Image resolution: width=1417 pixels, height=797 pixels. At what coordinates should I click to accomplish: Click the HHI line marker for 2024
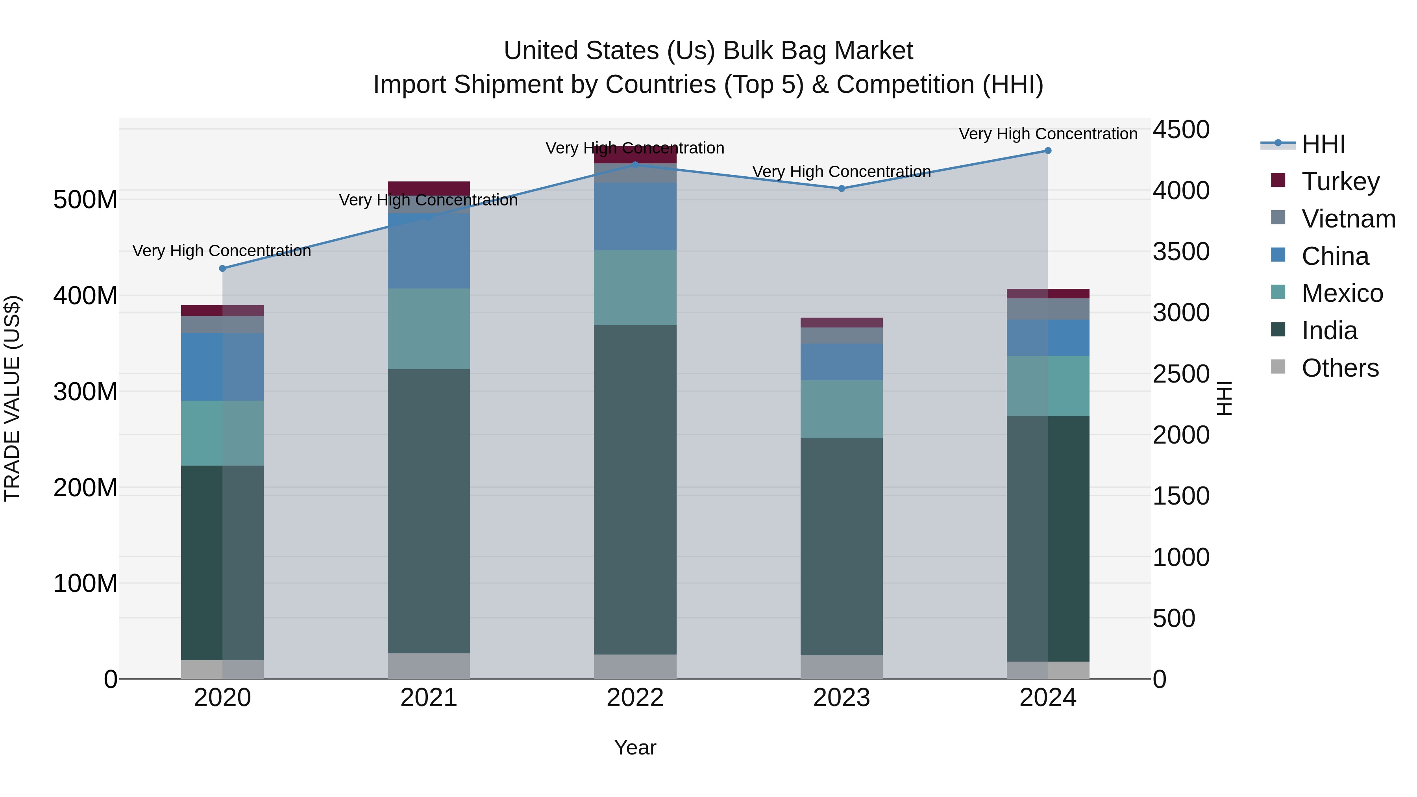click(x=1047, y=151)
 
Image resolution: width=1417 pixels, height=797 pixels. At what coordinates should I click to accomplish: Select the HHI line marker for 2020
click(x=222, y=268)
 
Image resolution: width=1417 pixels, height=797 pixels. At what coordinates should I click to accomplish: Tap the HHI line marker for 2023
click(x=841, y=189)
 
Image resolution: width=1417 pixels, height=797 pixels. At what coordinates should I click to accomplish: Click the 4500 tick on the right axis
click(x=1180, y=130)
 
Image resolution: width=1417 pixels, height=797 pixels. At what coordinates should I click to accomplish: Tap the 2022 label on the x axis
click(x=635, y=698)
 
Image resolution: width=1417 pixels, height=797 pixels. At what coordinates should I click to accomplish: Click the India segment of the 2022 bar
click(x=635, y=490)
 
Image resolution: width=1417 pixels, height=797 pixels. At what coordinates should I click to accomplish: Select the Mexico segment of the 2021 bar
click(x=429, y=329)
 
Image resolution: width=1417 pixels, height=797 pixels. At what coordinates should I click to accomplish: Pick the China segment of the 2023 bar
click(x=841, y=362)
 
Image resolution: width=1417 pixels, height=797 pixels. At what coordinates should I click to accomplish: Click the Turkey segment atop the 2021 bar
click(x=429, y=188)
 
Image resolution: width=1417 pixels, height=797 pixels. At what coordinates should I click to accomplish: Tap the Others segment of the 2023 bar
click(x=841, y=667)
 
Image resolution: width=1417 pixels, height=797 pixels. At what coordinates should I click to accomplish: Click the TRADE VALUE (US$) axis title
click(x=12, y=398)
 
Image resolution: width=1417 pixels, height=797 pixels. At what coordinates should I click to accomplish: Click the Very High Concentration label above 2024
click(x=1047, y=134)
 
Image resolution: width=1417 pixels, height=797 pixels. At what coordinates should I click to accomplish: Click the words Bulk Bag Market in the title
click(x=818, y=51)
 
